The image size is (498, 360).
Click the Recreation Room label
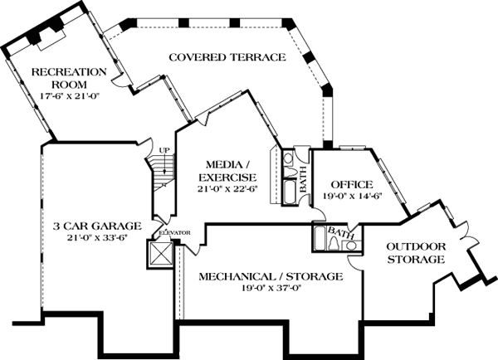coord(69,78)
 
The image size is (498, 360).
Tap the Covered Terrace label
coord(227,57)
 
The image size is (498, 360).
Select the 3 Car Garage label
coord(97,226)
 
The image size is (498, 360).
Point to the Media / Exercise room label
coord(227,171)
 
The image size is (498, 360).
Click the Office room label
coord(352,184)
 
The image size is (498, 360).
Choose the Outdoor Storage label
coord(416,253)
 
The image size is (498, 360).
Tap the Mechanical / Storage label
coord(271,276)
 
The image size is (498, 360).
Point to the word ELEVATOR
coord(174,233)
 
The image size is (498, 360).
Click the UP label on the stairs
coord(164,150)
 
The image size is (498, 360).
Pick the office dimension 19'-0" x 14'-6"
coord(352,196)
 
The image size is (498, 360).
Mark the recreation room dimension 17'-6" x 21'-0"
coord(71,95)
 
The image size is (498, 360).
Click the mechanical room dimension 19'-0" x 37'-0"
coord(271,288)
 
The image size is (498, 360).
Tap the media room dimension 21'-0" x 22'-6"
coord(227,189)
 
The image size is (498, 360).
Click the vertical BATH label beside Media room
coord(303,180)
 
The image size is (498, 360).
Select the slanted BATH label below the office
coord(340,233)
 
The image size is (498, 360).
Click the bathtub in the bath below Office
coord(320,237)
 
